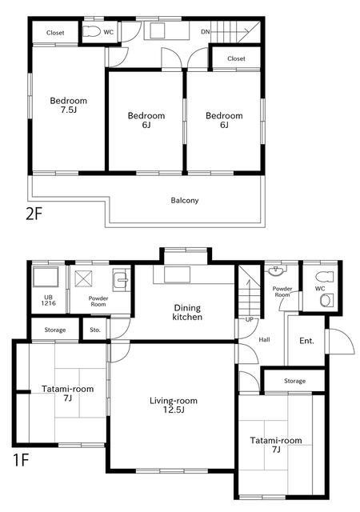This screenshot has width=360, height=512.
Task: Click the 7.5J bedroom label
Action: (x=68, y=105)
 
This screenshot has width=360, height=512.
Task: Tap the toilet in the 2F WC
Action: (x=91, y=32)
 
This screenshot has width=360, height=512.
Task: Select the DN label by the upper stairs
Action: (x=205, y=32)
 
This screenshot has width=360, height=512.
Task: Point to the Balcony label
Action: (x=185, y=200)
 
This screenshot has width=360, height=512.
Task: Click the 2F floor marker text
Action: (x=34, y=214)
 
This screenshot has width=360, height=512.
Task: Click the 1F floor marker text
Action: (x=21, y=461)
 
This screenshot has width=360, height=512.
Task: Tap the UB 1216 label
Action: (x=48, y=300)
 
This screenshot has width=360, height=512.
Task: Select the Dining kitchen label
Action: (x=187, y=312)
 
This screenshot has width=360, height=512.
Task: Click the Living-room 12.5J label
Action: (x=174, y=405)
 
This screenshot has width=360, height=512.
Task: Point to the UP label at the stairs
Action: (x=250, y=319)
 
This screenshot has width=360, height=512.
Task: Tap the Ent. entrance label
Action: (x=306, y=341)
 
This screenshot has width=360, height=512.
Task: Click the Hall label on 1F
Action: (x=264, y=339)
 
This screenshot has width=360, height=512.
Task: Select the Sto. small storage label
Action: (x=95, y=330)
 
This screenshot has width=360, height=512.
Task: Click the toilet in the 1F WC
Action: (x=325, y=277)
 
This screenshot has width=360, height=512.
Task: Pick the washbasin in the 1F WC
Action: (x=326, y=300)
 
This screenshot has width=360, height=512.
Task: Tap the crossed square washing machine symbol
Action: (x=83, y=279)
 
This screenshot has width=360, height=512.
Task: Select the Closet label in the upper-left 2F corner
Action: (x=55, y=33)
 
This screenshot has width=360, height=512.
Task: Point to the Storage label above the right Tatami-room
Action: (x=294, y=381)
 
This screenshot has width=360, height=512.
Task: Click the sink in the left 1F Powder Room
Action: (x=121, y=280)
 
